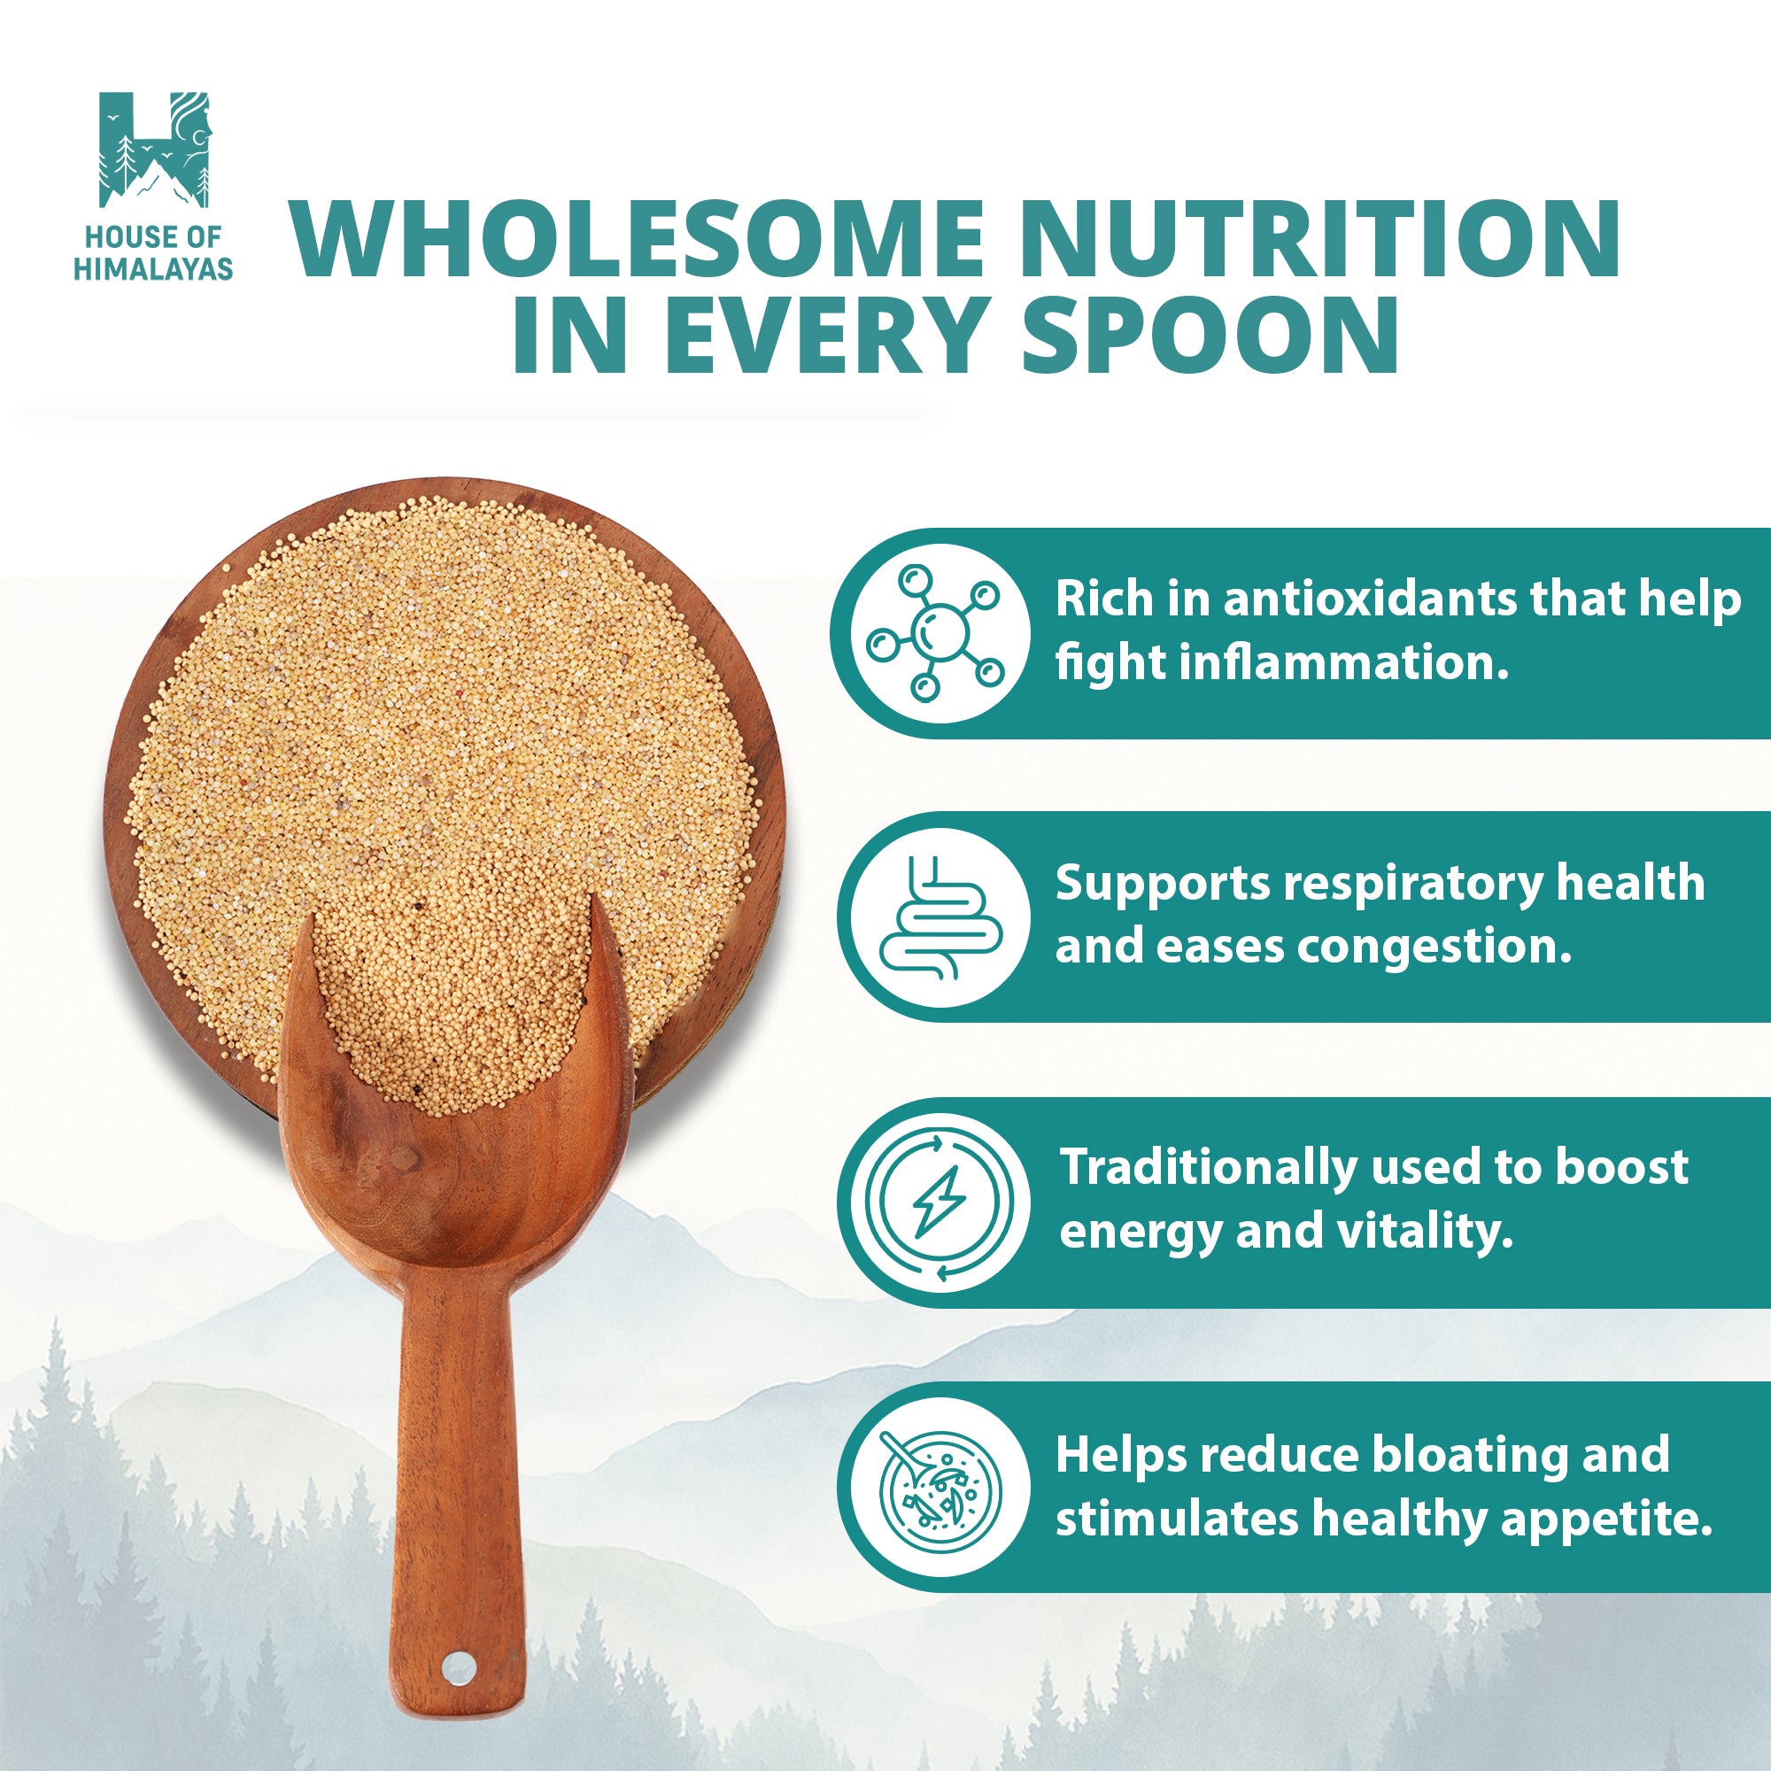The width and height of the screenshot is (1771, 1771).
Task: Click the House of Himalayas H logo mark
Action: click(154, 150)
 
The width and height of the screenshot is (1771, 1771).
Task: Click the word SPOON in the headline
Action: click(1209, 335)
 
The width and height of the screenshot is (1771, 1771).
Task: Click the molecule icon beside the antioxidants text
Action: click(935, 633)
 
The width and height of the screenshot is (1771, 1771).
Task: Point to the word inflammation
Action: click(1343, 661)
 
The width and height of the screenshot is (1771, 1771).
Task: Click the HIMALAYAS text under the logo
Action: click(153, 268)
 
